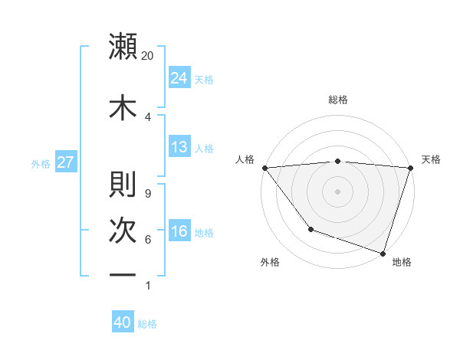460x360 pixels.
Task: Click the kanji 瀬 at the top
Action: [123, 47]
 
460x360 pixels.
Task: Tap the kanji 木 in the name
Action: [123, 108]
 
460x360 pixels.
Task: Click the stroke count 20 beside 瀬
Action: [148, 56]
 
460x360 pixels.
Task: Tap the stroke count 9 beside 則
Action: [147, 193]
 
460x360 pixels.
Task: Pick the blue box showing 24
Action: [179, 78]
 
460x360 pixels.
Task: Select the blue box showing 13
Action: [179, 148]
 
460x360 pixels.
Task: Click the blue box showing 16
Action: [179, 231]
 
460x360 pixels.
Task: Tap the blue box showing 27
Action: [65, 162]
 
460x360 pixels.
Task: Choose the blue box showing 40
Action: [123, 323]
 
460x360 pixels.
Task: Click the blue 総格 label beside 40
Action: [148, 324]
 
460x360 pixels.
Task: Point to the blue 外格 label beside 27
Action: [41, 163]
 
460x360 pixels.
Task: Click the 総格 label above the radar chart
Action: [337, 100]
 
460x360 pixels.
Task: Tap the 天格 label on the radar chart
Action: [432, 159]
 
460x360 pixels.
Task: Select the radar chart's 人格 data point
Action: [264, 168]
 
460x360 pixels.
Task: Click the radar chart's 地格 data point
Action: [383, 253]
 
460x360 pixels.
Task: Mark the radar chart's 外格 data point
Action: [310, 228]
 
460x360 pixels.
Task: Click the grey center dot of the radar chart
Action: [337, 191]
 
